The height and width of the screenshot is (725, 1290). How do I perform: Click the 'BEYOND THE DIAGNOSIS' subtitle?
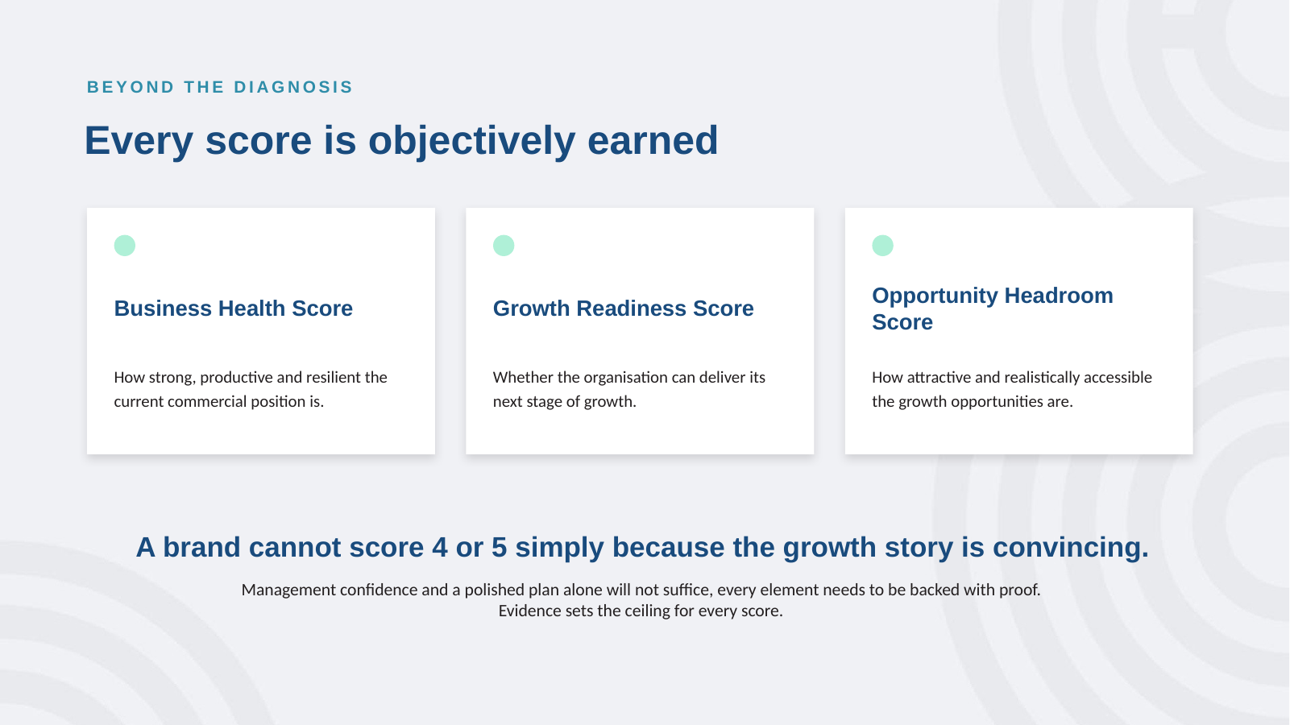click(x=219, y=87)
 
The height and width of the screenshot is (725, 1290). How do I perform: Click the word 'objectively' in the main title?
click(x=471, y=140)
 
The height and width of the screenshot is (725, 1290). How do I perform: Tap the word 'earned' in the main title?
click(x=653, y=140)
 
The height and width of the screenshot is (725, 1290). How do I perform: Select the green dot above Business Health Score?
click(x=124, y=246)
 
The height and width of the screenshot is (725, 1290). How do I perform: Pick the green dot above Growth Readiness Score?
click(x=504, y=246)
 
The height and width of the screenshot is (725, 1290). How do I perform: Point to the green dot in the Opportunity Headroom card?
click(x=882, y=246)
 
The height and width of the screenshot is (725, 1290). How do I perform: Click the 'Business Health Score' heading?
click(x=233, y=309)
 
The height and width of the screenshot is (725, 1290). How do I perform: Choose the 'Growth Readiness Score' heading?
click(x=623, y=309)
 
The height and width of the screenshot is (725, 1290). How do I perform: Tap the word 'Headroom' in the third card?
click(x=1059, y=296)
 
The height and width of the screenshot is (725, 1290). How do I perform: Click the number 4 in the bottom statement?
click(x=439, y=547)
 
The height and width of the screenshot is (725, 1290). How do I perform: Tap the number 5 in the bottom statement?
click(x=499, y=547)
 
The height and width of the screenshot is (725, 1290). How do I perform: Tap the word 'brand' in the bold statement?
click(x=201, y=547)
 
